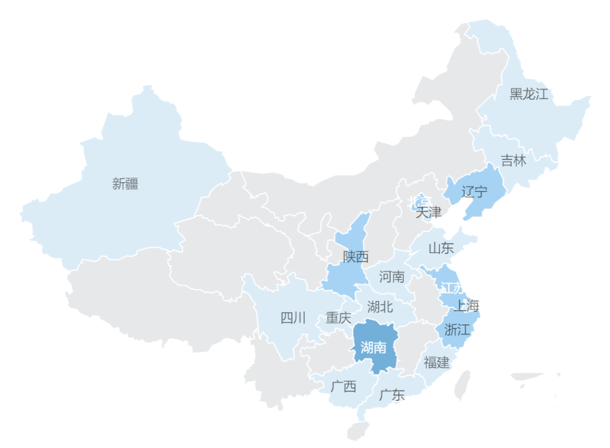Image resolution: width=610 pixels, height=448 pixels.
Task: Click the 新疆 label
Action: (x=125, y=184)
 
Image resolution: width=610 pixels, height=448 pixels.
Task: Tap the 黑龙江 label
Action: (x=529, y=94)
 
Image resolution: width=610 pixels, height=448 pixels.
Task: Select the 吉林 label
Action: (x=513, y=161)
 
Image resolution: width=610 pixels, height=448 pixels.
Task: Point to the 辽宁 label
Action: (x=474, y=192)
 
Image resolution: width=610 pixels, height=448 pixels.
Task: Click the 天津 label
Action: (x=428, y=213)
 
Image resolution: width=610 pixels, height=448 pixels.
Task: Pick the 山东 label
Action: (x=441, y=248)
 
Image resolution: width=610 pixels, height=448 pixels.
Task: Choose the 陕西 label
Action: (x=356, y=257)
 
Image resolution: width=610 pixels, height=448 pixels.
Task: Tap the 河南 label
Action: (x=392, y=277)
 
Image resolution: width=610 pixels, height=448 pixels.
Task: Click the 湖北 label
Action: (x=380, y=307)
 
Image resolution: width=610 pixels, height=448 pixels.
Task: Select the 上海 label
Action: (x=467, y=307)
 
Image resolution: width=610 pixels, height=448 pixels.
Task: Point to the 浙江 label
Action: (x=457, y=329)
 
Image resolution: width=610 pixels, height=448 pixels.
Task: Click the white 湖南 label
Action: (x=373, y=347)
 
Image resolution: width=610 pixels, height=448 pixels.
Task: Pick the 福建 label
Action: (x=437, y=362)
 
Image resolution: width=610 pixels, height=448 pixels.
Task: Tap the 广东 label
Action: (x=392, y=395)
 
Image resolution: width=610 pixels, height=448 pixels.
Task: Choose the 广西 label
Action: (x=343, y=387)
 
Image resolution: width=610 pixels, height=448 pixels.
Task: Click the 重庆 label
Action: (x=338, y=318)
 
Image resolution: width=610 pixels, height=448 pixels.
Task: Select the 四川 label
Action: (x=293, y=318)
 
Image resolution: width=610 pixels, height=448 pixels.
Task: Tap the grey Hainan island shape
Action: (x=358, y=430)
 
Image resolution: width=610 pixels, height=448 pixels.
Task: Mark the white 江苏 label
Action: (x=451, y=288)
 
